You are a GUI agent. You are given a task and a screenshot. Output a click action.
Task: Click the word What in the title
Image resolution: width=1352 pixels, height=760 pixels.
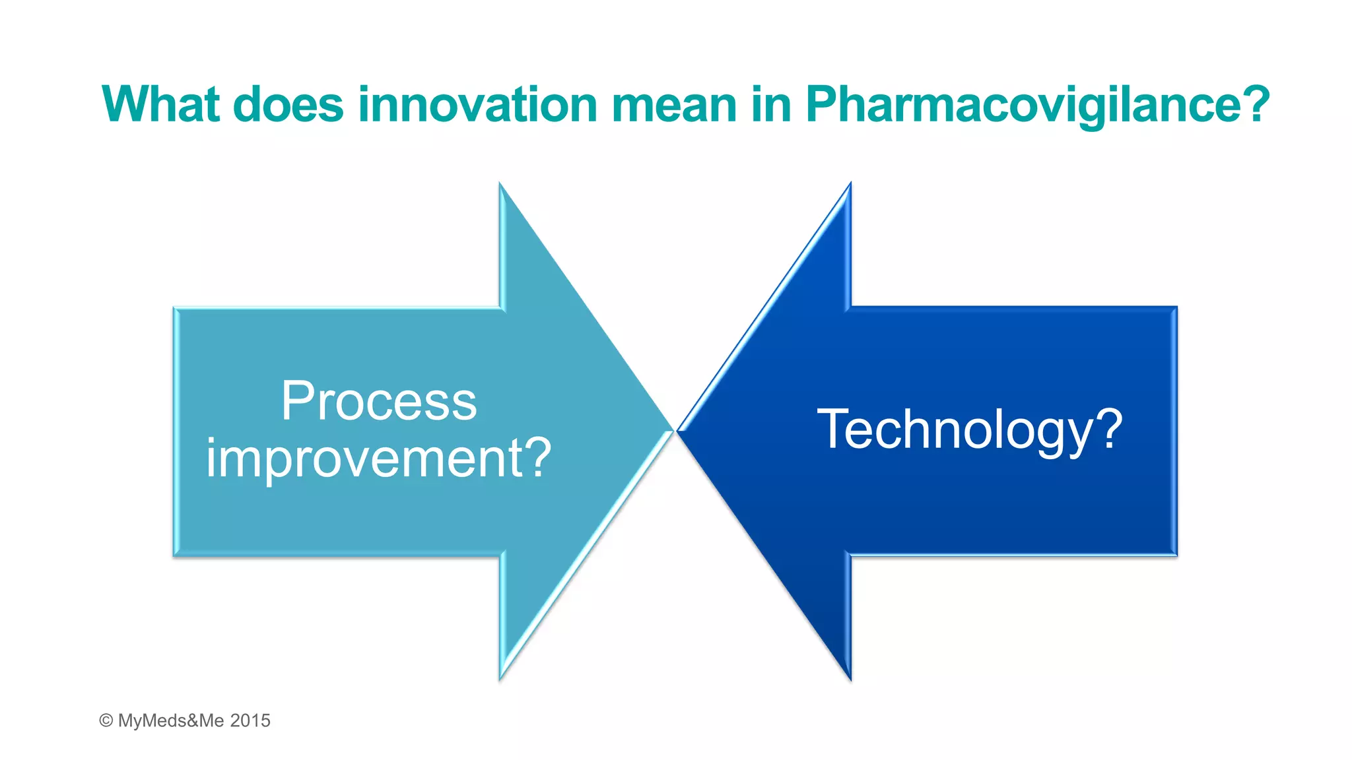160,104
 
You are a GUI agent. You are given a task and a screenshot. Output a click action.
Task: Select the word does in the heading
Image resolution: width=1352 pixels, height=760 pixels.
288,104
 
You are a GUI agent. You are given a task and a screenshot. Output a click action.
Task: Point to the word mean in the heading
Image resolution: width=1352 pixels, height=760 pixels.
673,104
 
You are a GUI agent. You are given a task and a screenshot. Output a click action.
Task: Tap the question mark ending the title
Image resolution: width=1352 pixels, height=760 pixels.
1251,104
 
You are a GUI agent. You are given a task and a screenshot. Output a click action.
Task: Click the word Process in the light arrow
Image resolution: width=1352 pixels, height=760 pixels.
379,401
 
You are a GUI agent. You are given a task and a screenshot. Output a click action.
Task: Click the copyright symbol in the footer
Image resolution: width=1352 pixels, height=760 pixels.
106,720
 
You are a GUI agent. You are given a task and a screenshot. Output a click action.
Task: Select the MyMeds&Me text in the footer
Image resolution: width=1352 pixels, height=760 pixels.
171,720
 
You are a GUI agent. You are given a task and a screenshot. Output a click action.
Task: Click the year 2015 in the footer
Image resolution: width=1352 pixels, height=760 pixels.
250,720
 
